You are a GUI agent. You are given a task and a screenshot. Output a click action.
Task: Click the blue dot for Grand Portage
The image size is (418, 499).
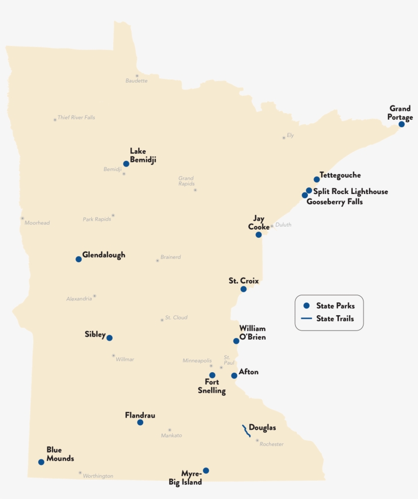pyautogui.click(x=402, y=124)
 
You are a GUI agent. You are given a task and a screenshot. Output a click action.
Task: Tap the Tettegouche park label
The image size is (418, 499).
pyautogui.click(x=340, y=175)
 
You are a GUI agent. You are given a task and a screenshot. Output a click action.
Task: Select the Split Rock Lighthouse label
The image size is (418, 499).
pyautogui.click(x=350, y=191)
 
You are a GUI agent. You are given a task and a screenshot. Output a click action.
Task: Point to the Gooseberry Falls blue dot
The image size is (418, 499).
pyautogui.click(x=305, y=195)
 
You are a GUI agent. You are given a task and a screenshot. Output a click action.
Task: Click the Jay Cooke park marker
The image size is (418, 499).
pyautogui.click(x=258, y=235)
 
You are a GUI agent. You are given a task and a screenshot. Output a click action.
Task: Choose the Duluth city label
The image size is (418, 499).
pyautogui.click(x=283, y=225)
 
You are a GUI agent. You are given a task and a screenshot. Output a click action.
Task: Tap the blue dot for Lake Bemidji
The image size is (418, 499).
pyautogui.click(x=126, y=164)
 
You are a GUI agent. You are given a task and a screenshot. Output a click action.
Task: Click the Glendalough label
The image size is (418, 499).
pyautogui.click(x=103, y=255)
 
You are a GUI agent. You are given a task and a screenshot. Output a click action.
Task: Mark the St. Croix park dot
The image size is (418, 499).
pyautogui.click(x=244, y=289)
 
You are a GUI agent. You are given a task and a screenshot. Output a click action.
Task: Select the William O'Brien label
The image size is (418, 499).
pyautogui.click(x=252, y=332)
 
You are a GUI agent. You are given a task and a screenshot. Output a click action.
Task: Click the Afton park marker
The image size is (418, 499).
pyautogui.click(x=234, y=376)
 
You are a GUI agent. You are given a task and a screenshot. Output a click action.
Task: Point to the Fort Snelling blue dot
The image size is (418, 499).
pyautogui.click(x=212, y=375)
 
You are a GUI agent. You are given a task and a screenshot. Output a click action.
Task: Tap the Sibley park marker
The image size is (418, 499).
pyautogui.click(x=109, y=338)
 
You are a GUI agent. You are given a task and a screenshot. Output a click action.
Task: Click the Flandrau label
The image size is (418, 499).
pyautogui.click(x=140, y=415)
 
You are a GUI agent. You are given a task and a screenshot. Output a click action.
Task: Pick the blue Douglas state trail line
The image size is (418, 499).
pyautogui.click(x=246, y=431)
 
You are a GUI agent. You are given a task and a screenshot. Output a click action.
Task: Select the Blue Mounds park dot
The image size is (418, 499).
pyautogui.click(x=41, y=462)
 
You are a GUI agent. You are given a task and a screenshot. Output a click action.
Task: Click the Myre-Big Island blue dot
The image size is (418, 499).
pyautogui.click(x=206, y=470)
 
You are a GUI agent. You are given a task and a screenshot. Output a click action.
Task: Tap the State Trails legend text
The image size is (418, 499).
pyautogui.click(x=335, y=319)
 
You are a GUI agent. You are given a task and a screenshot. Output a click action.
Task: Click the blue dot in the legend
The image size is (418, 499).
pyautogui.click(x=306, y=306)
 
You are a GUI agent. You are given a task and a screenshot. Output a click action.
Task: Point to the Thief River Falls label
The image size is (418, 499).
pyautogui.click(x=76, y=118)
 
